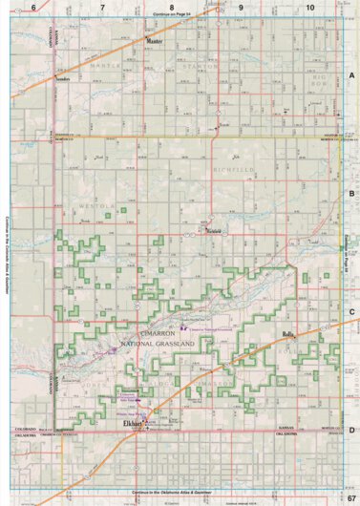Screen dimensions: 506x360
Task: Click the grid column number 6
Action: coord(32,8)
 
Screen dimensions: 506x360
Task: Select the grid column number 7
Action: coord(102,8)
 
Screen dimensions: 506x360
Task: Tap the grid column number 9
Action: coord(241,8)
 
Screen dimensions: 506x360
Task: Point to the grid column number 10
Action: coord(309,8)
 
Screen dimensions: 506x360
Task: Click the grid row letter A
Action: coord(352,74)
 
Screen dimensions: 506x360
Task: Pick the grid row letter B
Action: coord(352,193)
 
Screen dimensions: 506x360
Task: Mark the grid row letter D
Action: coord(352,431)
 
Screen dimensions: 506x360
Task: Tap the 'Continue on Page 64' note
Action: coord(180,16)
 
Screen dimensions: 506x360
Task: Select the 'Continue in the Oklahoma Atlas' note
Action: coord(180,491)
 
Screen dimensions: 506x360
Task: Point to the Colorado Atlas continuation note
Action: coord(8,253)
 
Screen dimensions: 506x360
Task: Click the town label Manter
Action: coord(155,43)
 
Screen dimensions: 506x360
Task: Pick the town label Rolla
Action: coord(288,335)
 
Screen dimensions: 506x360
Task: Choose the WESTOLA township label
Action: coord(98,204)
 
